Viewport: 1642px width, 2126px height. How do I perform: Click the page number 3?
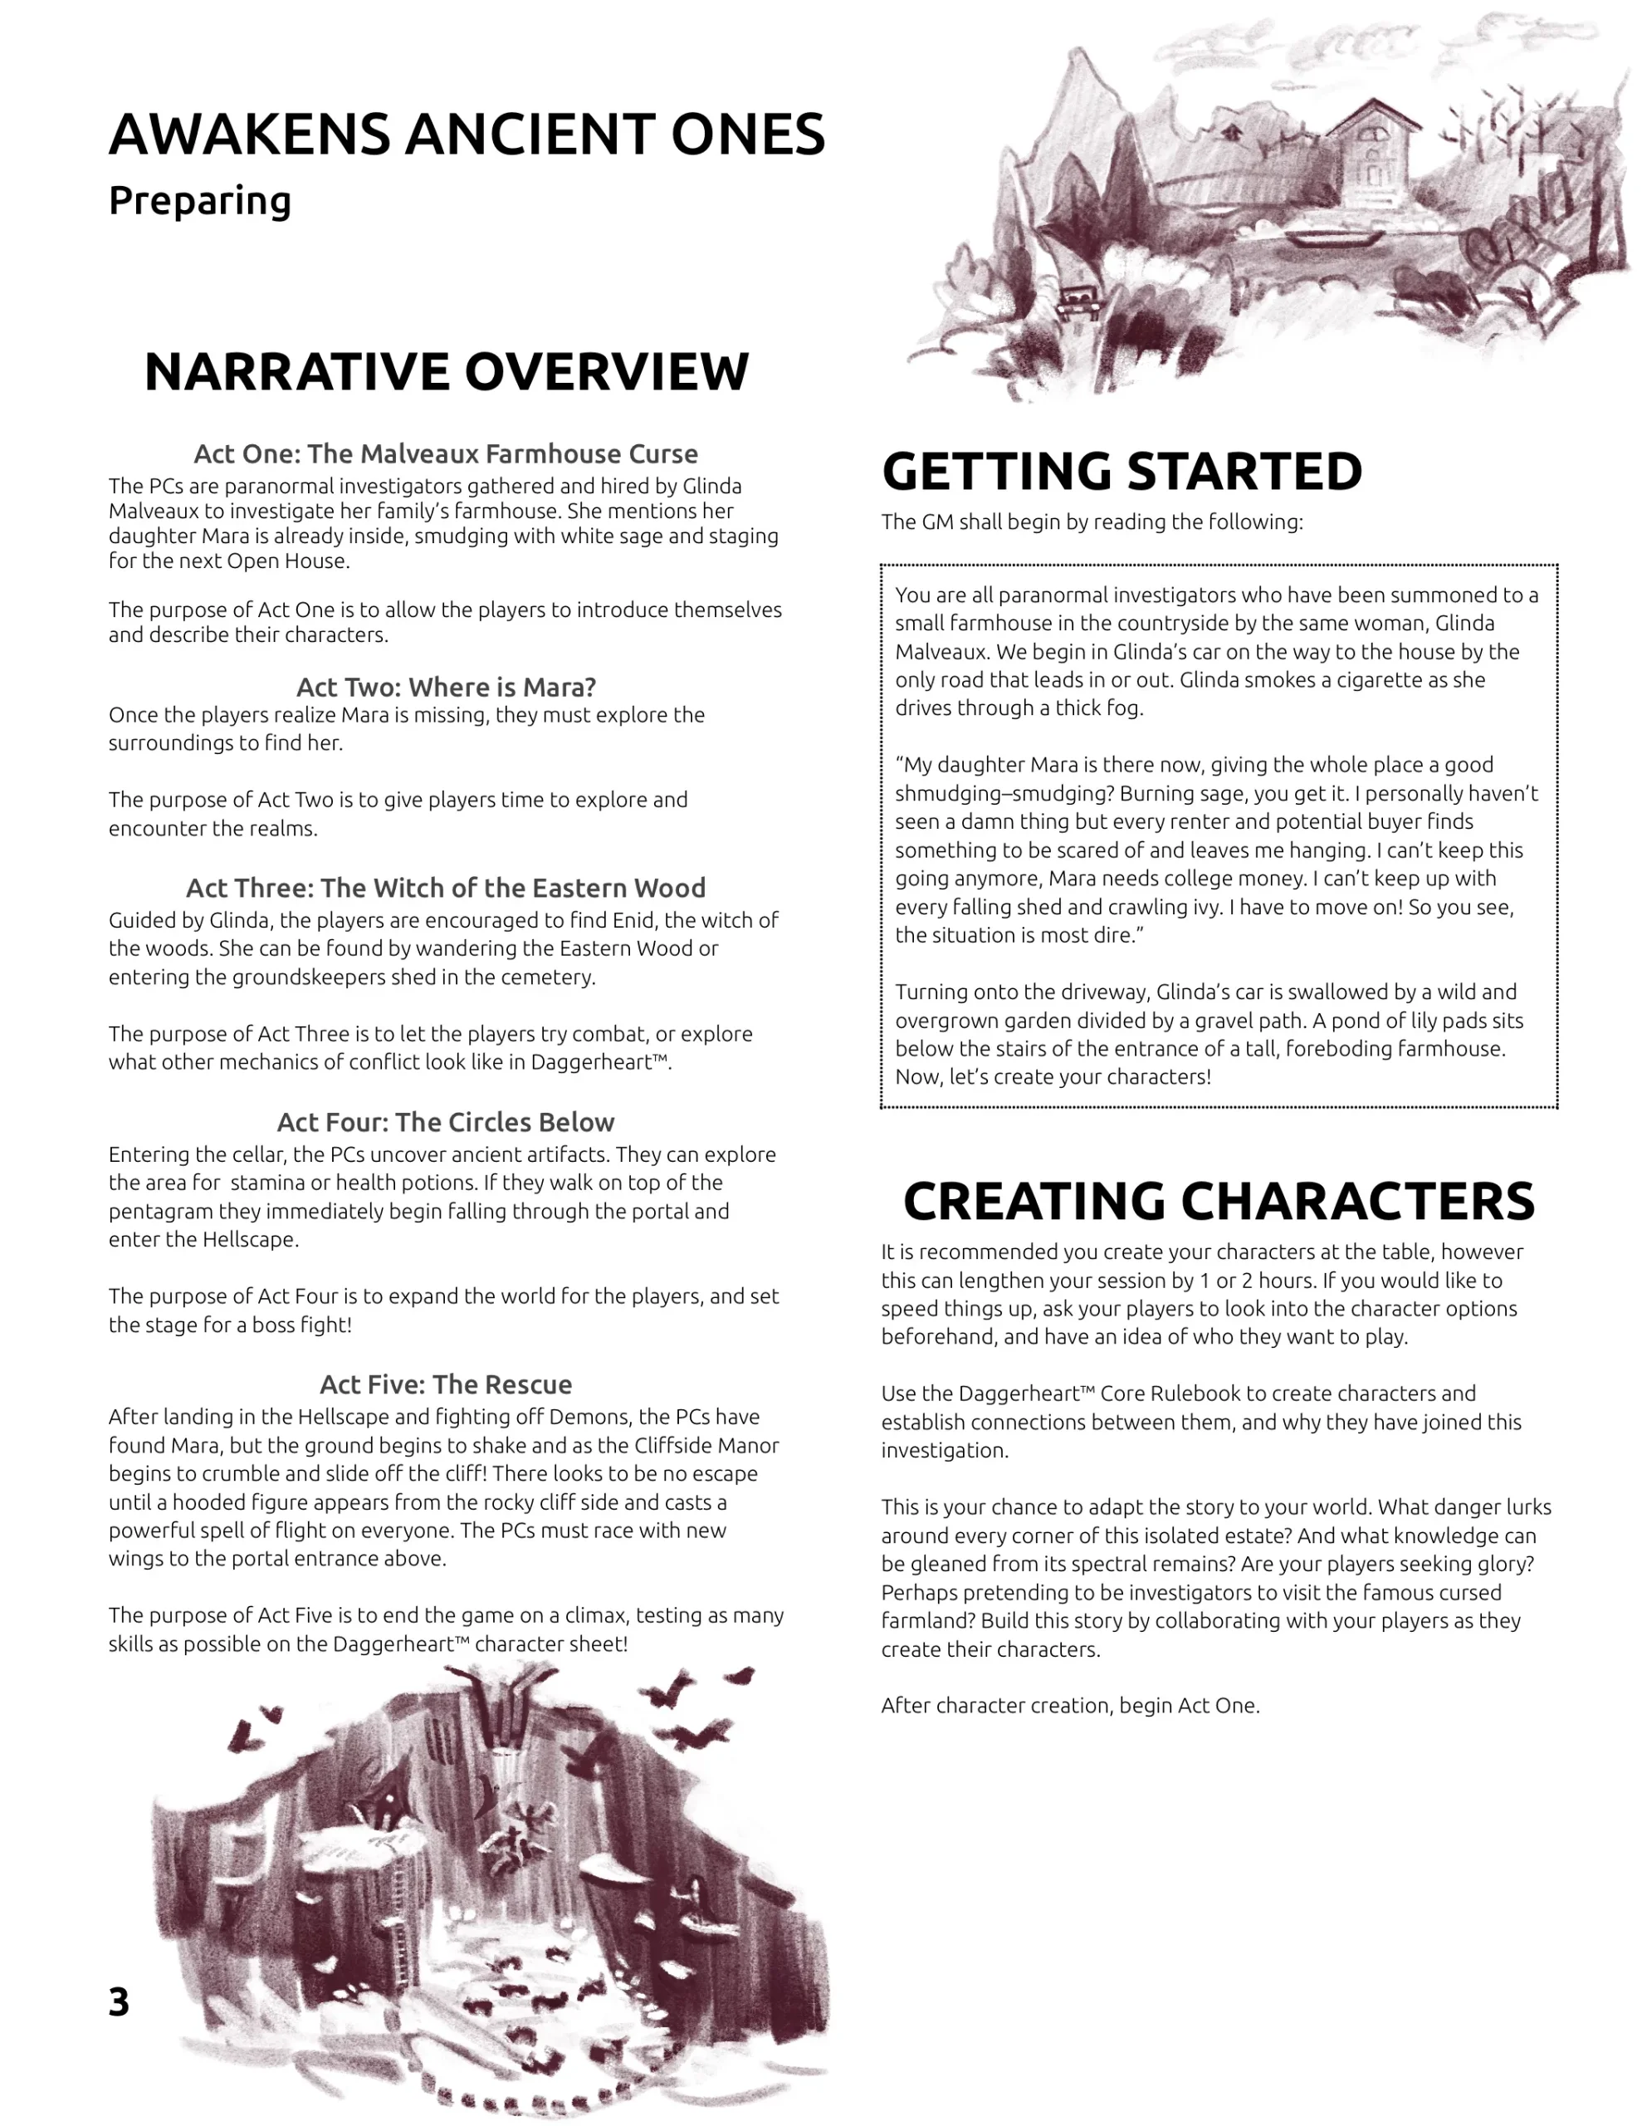(x=119, y=2001)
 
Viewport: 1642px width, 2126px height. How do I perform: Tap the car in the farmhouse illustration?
(x=1078, y=301)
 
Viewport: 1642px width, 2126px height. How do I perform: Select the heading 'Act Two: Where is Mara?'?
(x=446, y=688)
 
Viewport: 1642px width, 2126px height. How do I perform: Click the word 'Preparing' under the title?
(x=199, y=200)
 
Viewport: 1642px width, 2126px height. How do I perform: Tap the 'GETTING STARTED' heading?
(x=1122, y=472)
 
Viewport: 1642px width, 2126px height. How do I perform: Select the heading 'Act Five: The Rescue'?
(x=446, y=1384)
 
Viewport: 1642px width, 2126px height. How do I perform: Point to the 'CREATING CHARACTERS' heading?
(x=1219, y=1201)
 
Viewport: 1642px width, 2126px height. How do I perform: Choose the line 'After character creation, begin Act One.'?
(x=1070, y=1706)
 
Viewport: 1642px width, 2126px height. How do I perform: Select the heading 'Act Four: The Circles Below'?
(x=446, y=1123)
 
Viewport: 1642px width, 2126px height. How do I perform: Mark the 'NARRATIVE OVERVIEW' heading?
(x=447, y=372)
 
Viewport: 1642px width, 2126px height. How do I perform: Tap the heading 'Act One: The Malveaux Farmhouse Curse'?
(x=446, y=453)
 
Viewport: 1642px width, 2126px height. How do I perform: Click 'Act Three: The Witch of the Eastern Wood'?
(x=446, y=888)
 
